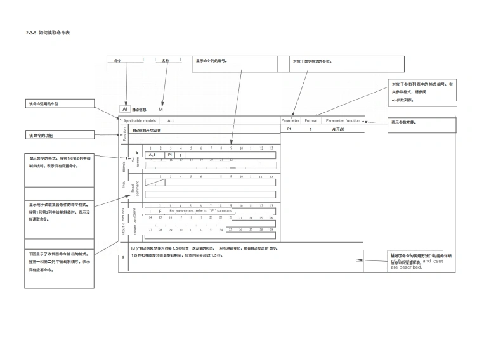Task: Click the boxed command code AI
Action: tap(125, 109)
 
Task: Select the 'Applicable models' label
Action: tap(140, 120)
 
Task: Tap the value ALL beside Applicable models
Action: tap(171, 120)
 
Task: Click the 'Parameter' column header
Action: tap(291, 120)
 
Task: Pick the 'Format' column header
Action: tap(311, 120)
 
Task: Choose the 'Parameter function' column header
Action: tap(343, 120)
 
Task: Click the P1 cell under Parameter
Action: tap(289, 129)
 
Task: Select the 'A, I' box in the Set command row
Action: tap(152, 155)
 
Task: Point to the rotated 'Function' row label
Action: tap(124, 134)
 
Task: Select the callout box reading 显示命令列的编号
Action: tap(235, 63)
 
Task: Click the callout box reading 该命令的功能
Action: tap(58, 135)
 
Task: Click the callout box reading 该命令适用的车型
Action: tap(58, 103)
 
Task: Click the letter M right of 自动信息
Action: tap(160, 110)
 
